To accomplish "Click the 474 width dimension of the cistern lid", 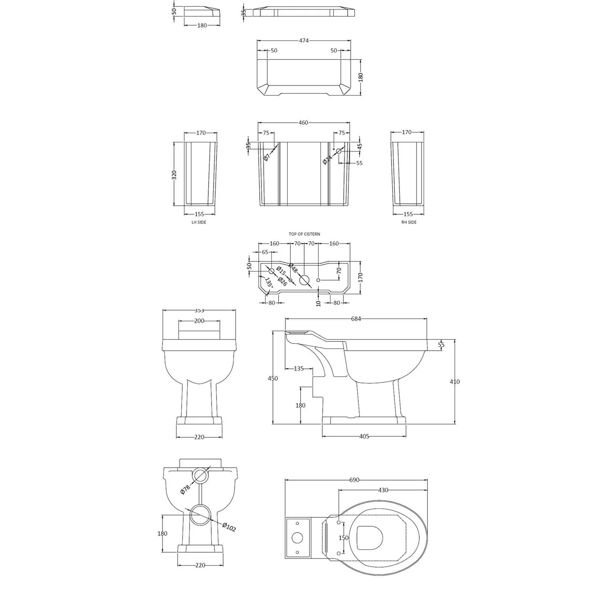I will coord(304,41).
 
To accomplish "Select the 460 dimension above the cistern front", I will coord(303,123).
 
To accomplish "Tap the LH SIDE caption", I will coord(199,222).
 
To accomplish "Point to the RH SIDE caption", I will coord(409,222).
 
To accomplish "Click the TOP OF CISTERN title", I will coord(304,234).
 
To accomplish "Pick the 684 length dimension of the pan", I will coord(356,319).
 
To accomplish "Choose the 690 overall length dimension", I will coord(354,480).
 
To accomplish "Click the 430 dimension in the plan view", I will coord(383,490).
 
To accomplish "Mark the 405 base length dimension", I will coord(364,436).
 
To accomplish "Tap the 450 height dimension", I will coord(273,378).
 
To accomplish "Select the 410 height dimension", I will coord(454,382).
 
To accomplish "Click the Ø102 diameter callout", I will coord(229,527).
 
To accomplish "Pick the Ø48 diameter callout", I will coord(293,268).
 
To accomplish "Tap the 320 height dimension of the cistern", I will coord(174,175).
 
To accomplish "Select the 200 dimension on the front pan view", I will coord(199,321).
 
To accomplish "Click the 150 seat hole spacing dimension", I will coord(343,538).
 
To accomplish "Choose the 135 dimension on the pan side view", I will coord(299,369).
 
